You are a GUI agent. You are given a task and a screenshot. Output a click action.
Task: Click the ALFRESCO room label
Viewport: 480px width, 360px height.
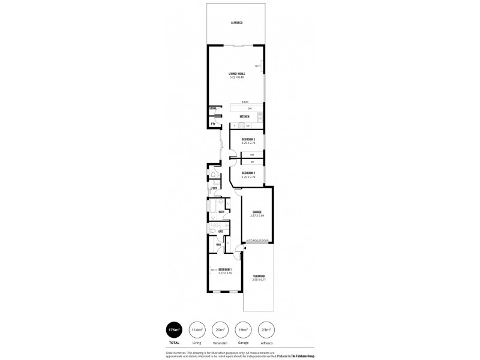236,23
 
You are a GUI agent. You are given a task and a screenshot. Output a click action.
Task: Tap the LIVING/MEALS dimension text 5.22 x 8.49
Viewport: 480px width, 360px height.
236,77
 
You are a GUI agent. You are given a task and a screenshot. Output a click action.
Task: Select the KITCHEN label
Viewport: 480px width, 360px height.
244,116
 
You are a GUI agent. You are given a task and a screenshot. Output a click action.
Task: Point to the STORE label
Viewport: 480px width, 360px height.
212,109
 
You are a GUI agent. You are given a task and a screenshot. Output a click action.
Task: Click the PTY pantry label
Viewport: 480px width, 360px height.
212,124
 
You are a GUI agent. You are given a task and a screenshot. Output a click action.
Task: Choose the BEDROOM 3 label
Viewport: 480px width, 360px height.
248,139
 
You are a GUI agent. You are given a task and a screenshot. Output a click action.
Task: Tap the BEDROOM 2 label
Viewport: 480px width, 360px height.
248,173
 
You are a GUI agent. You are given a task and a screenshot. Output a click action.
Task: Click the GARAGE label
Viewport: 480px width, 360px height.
257,212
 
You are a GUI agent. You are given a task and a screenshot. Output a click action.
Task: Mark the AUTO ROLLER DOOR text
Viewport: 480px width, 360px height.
257,241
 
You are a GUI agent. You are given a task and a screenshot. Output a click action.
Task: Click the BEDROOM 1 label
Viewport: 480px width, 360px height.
225,269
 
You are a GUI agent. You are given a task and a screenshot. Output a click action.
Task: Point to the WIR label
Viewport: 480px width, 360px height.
218,244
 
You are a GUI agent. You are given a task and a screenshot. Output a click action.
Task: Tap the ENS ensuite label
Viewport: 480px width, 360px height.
220,231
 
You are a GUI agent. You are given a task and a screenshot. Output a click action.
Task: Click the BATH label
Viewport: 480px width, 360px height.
221,212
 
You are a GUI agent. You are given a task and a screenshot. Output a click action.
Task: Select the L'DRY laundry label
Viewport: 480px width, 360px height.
213,188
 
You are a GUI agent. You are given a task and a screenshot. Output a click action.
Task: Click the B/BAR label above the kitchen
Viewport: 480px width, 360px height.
245,101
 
